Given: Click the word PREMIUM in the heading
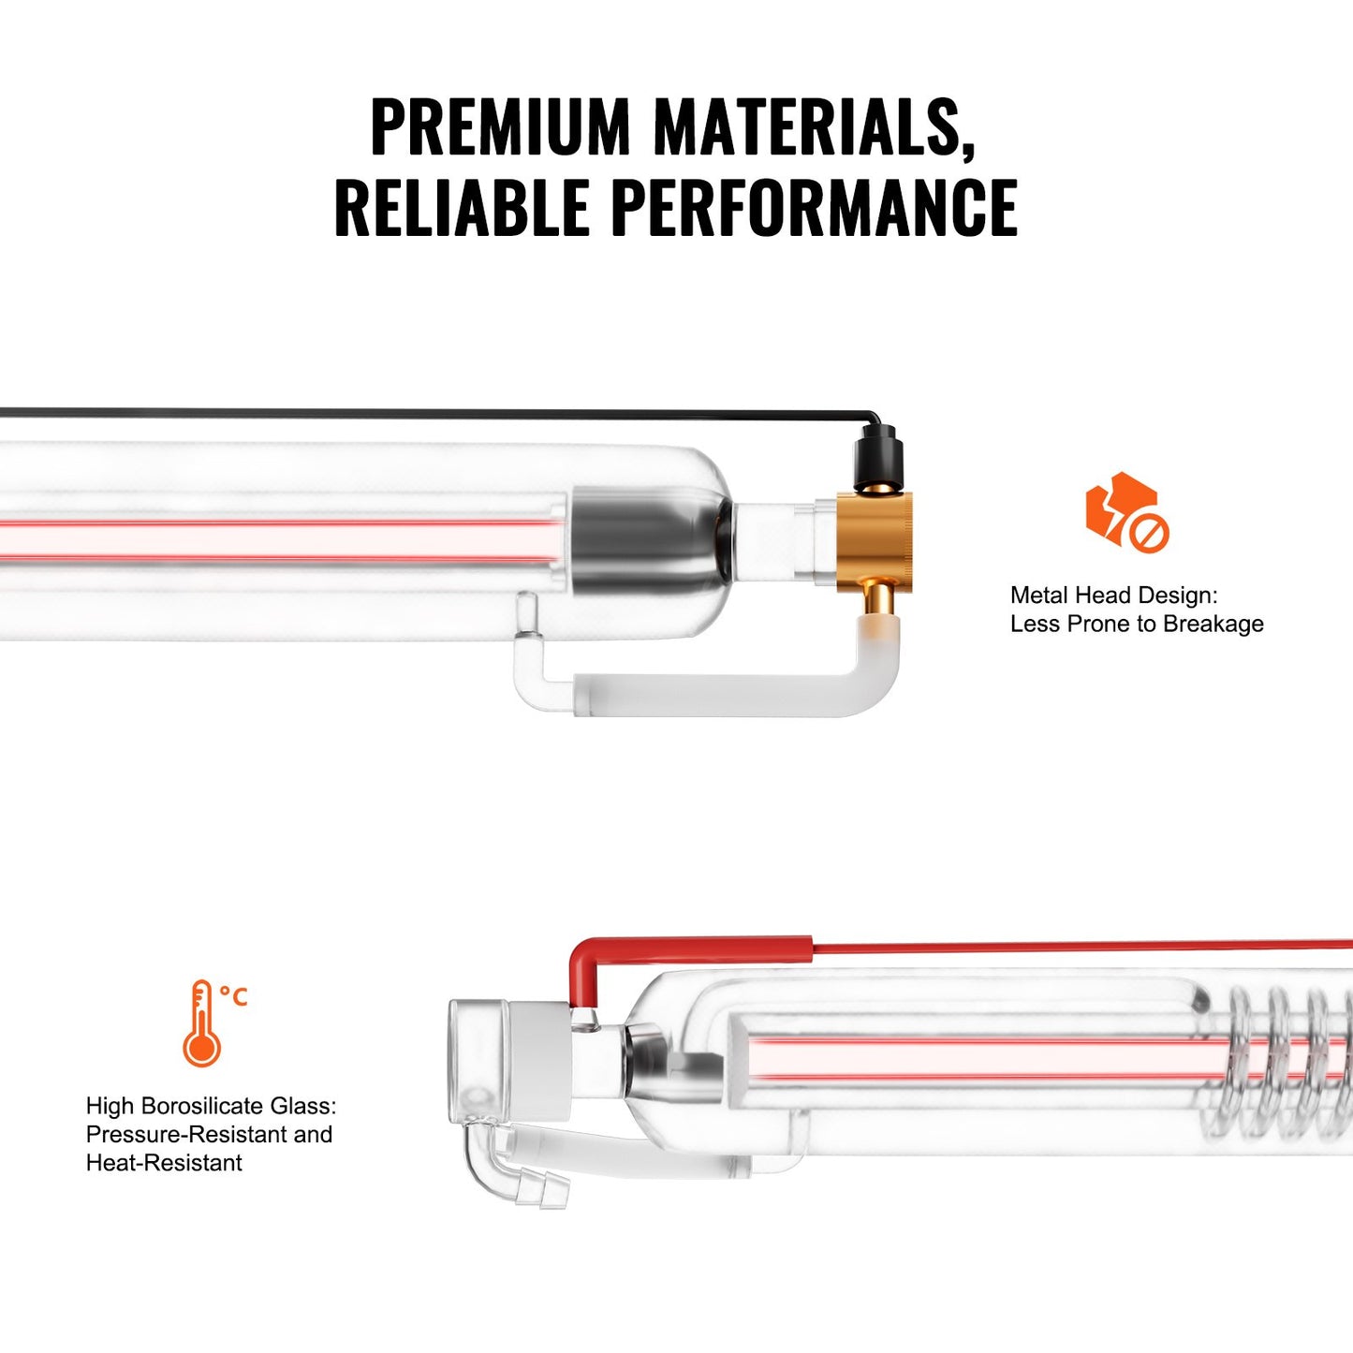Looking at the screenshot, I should (501, 126).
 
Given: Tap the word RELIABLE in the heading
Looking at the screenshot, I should (462, 207).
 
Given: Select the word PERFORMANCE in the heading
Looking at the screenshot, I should (814, 207).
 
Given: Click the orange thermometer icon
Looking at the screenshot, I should (200, 1025).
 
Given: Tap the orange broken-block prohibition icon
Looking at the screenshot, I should (1125, 512).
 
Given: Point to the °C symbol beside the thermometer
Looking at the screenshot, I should (234, 996).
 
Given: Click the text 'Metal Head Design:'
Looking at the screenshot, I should (1113, 596).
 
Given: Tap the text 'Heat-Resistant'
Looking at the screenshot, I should (164, 1163).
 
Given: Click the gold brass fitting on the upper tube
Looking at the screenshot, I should (875, 540).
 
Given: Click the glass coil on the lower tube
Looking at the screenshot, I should (1283, 1058).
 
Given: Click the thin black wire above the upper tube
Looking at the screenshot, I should (421, 413).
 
